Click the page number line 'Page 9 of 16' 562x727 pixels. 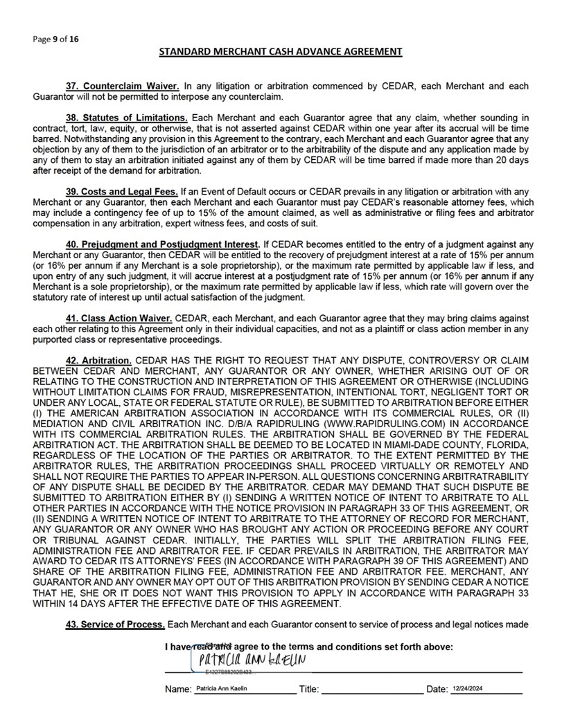point(55,39)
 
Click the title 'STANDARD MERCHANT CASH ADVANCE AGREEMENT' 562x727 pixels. point(281,51)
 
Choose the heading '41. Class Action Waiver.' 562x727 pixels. point(118,316)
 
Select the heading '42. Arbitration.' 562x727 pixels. point(98,361)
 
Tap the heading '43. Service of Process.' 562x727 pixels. point(115,625)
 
